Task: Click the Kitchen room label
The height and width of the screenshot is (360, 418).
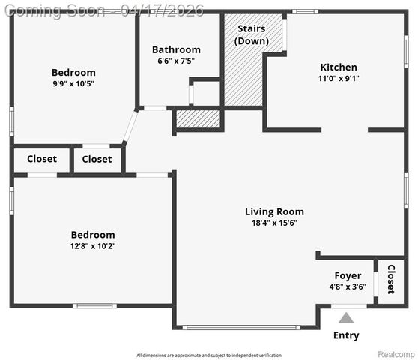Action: click(339, 67)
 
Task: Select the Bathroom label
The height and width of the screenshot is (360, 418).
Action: click(176, 49)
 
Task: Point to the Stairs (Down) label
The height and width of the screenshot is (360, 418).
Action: click(252, 34)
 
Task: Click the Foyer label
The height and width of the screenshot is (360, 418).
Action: click(348, 275)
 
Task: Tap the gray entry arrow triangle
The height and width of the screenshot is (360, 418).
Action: click(346, 317)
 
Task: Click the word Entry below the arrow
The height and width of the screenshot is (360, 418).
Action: click(346, 335)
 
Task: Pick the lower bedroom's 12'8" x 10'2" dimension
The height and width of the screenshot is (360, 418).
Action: click(93, 245)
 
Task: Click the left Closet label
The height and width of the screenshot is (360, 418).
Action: click(42, 159)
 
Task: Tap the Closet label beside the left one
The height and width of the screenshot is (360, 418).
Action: click(97, 159)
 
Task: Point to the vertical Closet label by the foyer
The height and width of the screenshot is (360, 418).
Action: click(390, 279)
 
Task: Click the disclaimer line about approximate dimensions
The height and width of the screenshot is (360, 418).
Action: click(209, 355)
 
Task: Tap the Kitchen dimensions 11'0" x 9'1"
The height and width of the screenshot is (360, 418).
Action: click(339, 78)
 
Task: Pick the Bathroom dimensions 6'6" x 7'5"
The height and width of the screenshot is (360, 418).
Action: click(176, 61)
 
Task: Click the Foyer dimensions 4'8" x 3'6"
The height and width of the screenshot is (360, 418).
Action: click(348, 286)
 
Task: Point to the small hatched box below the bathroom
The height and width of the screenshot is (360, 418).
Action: click(199, 118)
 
